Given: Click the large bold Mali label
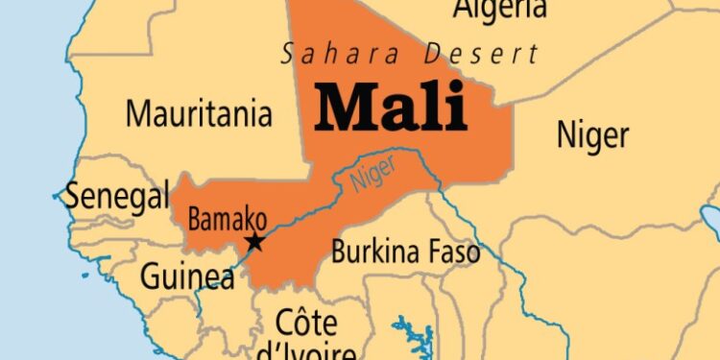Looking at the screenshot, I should [x=391, y=108].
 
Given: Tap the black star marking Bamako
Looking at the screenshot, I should [x=254, y=242].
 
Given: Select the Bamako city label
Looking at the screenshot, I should [x=227, y=219].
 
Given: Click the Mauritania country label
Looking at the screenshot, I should [x=199, y=115].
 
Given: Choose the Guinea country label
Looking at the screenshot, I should [x=187, y=277].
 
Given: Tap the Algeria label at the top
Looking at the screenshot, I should [x=500, y=10].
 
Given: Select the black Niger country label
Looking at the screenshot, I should [x=592, y=135].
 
